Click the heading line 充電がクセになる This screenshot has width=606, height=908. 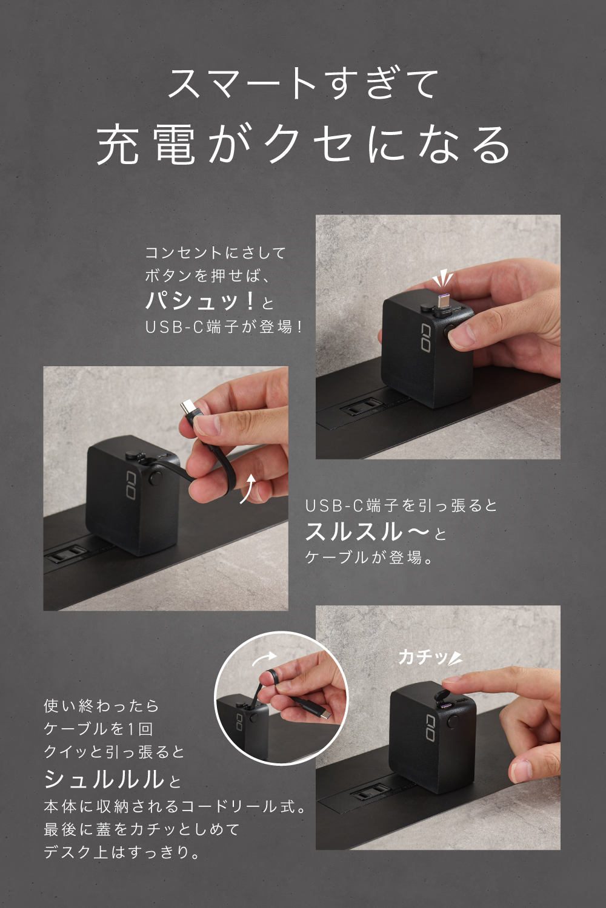pyautogui.click(x=304, y=144)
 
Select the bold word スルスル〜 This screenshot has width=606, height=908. pyautogui.click(x=367, y=531)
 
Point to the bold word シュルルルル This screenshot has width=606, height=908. pyautogui.click(x=104, y=778)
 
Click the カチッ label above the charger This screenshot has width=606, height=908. pyautogui.click(x=422, y=657)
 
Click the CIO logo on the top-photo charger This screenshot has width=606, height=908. pyautogui.click(x=425, y=337)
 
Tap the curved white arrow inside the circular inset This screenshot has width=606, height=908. pyautogui.click(x=264, y=658)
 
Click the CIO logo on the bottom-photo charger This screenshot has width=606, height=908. pyautogui.click(x=431, y=728)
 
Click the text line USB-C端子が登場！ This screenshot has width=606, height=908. pyautogui.click(x=224, y=327)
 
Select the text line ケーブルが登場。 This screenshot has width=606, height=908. pyautogui.click(x=369, y=558)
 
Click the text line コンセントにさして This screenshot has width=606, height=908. pyautogui.click(x=216, y=253)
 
